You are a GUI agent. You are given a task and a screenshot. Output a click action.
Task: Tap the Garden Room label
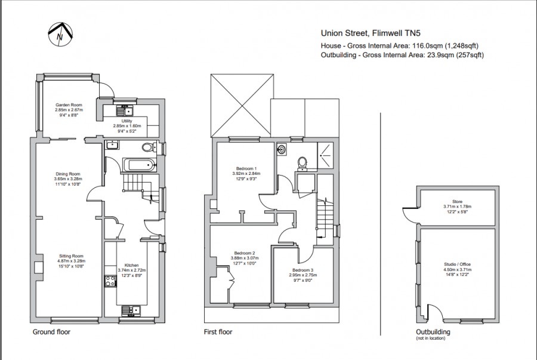[69, 104]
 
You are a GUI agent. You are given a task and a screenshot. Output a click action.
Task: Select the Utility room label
[126, 121]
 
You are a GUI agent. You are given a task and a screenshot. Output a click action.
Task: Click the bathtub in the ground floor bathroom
[138, 165]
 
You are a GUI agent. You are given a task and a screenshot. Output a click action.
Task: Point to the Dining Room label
[67, 174]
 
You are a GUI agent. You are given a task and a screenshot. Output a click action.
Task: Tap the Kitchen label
[132, 265]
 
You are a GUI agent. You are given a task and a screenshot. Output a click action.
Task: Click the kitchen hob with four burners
[111, 281]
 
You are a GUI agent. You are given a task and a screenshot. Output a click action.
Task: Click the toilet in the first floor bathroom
[302, 161]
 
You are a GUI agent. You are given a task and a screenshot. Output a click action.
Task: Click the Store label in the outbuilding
[457, 202]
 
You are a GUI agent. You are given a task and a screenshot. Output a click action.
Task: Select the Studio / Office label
[456, 264]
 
